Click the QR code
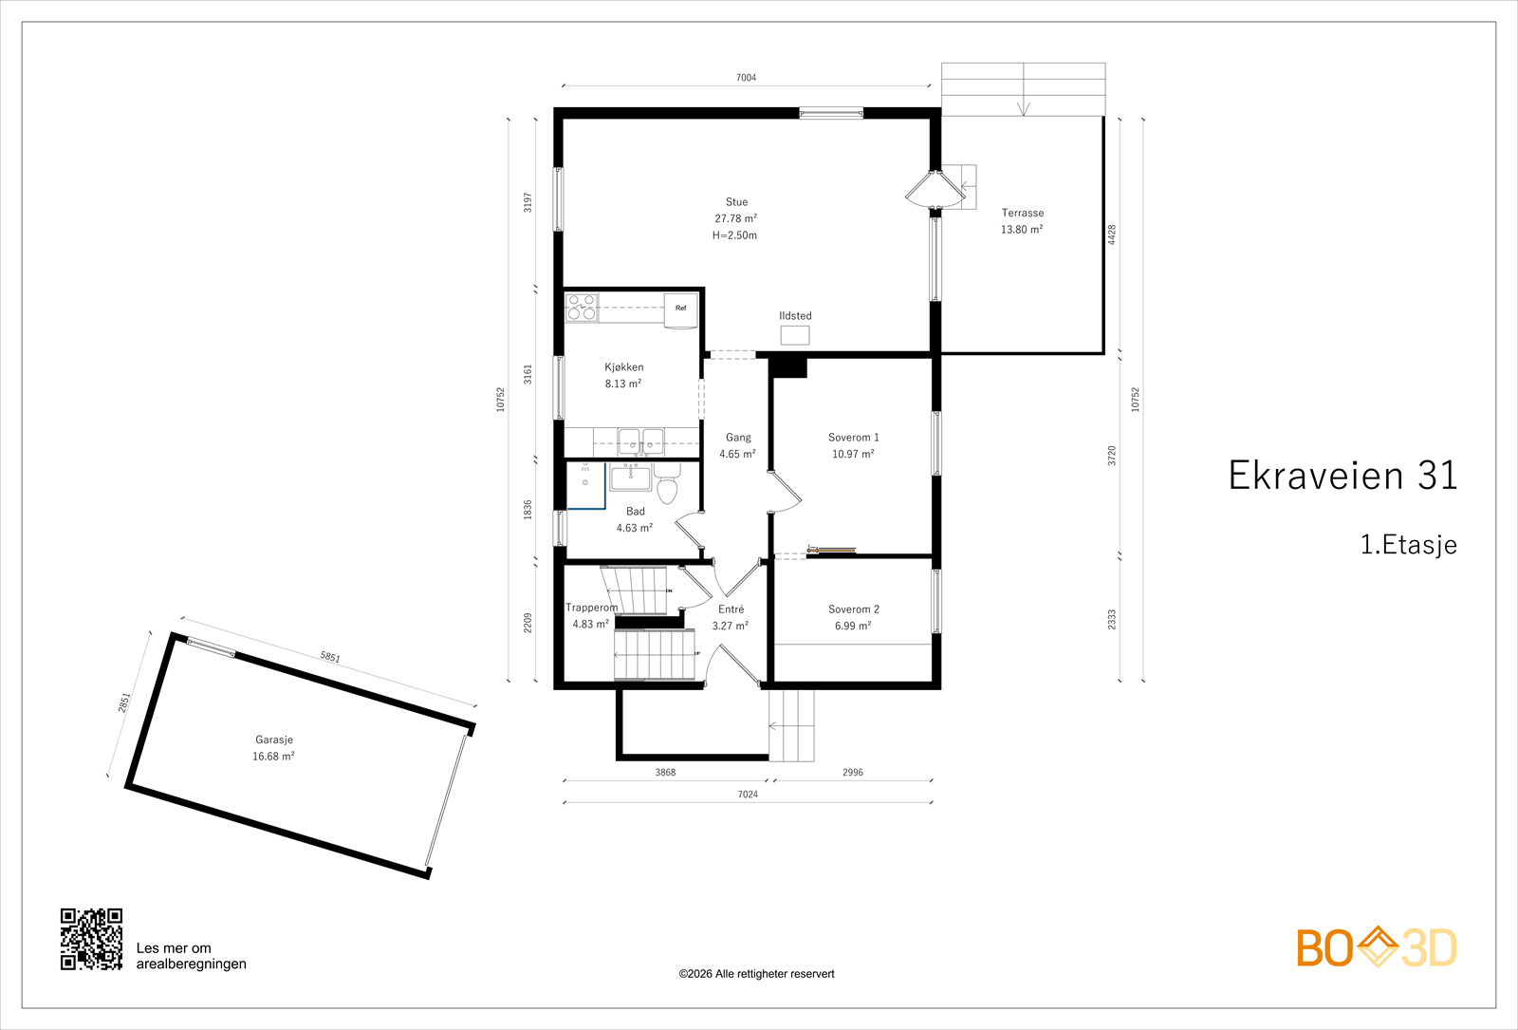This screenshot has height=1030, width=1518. click(91, 939)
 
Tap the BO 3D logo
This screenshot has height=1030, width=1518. click(1377, 947)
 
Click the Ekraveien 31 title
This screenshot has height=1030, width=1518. click(1342, 475)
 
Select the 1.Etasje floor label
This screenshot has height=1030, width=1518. click(1408, 545)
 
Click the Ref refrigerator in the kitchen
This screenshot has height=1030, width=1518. click(680, 310)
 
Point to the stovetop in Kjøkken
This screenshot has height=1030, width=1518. click(583, 307)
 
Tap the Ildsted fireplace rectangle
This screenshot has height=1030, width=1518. click(795, 335)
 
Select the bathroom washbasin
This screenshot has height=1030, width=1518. click(630, 478)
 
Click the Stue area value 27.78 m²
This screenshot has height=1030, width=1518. click(735, 218)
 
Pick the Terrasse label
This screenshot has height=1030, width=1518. click(1023, 213)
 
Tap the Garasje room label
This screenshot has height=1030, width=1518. click(274, 740)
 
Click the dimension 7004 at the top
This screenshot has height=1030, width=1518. click(746, 77)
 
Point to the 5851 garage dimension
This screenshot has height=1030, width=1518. click(330, 657)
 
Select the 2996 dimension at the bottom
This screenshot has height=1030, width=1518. click(853, 772)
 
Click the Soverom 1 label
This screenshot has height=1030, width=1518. click(853, 438)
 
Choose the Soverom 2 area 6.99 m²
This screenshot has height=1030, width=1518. click(853, 626)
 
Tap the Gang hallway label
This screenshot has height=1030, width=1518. click(738, 438)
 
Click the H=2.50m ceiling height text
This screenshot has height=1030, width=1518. click(734, 235)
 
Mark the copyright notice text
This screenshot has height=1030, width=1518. click(756, 974)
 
